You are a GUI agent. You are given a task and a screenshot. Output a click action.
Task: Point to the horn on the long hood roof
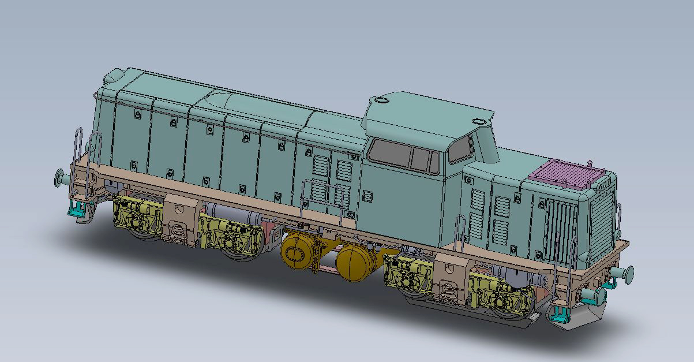click(x=114, y=76)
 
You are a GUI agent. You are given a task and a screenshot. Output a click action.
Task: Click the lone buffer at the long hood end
click(x=59, y=177)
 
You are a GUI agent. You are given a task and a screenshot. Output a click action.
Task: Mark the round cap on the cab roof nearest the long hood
click(x=381, y=100)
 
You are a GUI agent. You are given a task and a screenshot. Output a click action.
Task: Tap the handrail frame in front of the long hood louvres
click(x=322, y=196)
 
